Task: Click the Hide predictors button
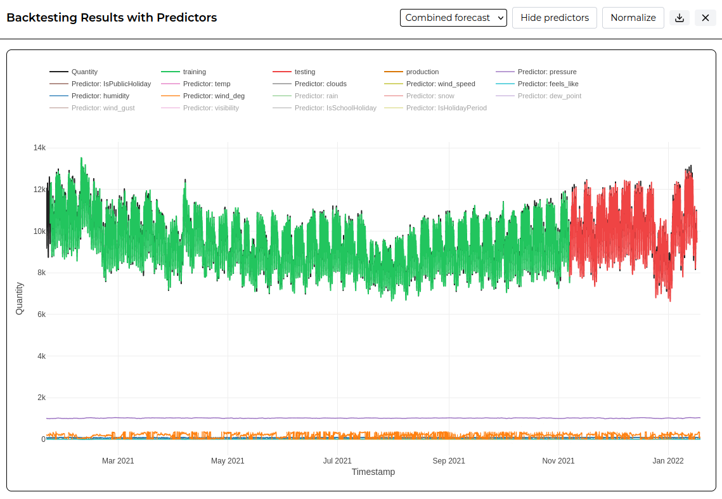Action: tap(555, 18)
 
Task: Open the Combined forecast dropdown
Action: tap(453, 18)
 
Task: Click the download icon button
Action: tap(679, 18)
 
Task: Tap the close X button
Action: tap(706, 18)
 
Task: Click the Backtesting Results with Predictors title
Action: tap(112, 18)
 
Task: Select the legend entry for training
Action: tap(184, 72)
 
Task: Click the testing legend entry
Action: tap(293, 72)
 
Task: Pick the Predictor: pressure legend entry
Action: tap(536, 72)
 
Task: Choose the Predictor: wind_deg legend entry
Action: tap(203, 96)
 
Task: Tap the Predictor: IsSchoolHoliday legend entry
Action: tap(325, 108)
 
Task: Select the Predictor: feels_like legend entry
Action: tap(538, 84)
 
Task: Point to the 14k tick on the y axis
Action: tap(39, 148)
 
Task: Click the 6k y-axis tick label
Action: tap(41, 314)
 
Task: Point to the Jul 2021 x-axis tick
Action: tap(337, 461)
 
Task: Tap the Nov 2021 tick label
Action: tap(558, 461)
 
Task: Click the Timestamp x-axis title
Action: tap(373, 472)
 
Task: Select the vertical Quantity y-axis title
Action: tap(20, 299)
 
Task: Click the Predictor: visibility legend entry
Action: tap(200, 108)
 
